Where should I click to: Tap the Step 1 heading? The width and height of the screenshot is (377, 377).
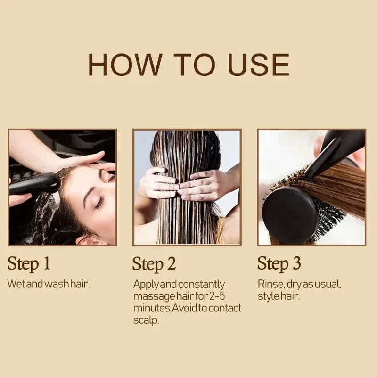[x=29, y=263]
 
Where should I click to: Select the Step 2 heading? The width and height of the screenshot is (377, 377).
[x=154, y=264]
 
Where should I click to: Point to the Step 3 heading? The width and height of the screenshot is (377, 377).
[x=279, y=263]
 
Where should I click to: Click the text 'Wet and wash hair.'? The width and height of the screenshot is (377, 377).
[x=49, y=284]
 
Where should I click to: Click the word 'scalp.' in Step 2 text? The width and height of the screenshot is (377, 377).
[x=146, y=320]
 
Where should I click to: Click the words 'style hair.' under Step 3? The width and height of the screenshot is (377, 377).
[x=279, y=296]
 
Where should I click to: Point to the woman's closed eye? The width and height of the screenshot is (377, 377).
[x=100, y=203]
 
